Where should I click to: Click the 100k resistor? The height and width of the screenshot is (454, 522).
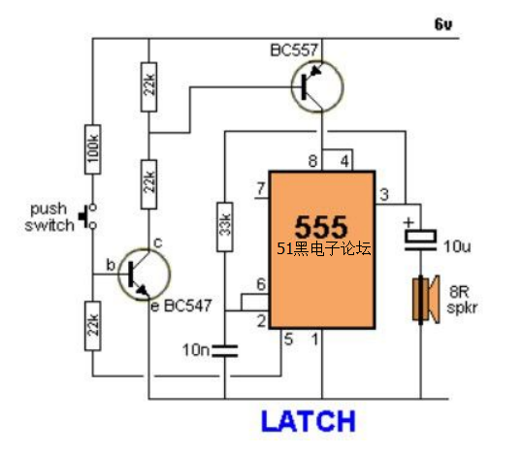tap(93, 149)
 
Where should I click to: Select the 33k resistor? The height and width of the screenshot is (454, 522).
tap(225, 227)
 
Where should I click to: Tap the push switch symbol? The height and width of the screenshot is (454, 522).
tap(88, 216)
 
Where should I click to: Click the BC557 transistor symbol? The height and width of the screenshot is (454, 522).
tap(316, 86)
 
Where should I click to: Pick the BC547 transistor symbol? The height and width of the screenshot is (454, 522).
tap(145, 275)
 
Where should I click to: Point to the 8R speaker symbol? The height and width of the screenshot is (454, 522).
tap(426, 299)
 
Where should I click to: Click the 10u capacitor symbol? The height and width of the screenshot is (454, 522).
tap(420, 240)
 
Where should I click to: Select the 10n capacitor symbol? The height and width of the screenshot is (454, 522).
tap(225, 351)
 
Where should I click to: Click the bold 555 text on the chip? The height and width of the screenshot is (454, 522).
tap(321, 227)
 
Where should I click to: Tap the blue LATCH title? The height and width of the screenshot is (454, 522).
tap(309, 421)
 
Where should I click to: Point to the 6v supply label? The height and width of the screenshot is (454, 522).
tap(443, 24)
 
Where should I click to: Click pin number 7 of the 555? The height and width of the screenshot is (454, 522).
tap(261, 189)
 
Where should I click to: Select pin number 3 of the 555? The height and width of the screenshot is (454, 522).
tap(384, 194)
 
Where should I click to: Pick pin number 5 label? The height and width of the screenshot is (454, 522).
tap(288, 340)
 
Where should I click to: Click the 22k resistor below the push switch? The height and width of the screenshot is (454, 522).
tap(93, 326)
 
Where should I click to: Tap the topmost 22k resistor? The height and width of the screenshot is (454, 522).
tap(148, 87)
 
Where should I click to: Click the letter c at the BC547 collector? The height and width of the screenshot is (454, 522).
tap(158, 243)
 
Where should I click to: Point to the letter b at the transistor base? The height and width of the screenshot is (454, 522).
tap(111, 265)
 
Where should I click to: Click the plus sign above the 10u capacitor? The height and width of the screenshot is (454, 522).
tap(408, 222)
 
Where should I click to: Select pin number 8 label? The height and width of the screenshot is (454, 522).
tap(313, 161)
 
